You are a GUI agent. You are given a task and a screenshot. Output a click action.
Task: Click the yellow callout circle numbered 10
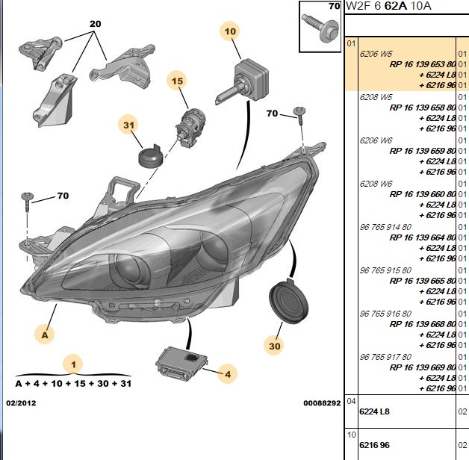(230, 31)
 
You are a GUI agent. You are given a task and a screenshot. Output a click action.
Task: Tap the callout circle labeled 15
(178, 81)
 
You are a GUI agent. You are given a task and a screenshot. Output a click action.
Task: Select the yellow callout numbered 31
(128, 125)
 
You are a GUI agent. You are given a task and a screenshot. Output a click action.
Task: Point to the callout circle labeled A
(45, 335)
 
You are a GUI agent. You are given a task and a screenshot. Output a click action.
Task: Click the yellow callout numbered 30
(274, 346)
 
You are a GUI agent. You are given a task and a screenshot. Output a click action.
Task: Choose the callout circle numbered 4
(228, 374)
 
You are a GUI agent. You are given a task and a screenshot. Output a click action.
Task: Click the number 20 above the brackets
(96, 24)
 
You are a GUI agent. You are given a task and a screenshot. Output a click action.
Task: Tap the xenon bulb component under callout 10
(242, 81)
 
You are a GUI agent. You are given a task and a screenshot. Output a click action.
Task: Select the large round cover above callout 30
(288, 301)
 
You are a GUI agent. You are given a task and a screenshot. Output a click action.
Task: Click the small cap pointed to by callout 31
(151, 156)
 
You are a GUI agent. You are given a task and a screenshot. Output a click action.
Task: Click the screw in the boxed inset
(320, 28)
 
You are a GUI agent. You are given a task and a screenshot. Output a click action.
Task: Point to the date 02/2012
(21, 403)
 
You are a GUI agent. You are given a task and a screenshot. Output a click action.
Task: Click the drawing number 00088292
(322, 403)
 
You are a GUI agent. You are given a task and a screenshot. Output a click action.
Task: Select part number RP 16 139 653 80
(423, 64)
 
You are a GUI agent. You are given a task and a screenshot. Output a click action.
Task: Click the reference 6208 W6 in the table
(376, 184)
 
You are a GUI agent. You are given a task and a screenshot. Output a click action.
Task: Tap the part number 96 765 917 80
(385, 357)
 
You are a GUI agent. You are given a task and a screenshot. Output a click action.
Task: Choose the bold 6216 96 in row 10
(374, 445)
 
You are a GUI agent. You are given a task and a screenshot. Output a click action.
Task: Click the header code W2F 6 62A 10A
(388, 6)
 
